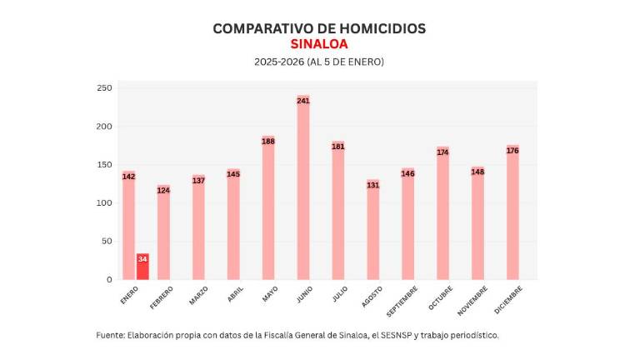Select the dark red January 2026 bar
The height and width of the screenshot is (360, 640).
pos(142,267)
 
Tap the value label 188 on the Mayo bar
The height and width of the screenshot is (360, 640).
pos(268,142)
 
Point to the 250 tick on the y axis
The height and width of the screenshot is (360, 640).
pos(104,88)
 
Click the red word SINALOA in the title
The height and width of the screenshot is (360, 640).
pos(319,44)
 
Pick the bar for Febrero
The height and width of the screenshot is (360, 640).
pos(163,232)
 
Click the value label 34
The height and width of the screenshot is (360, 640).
pos(142,259)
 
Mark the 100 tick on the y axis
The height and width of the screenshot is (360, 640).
pos(104,202)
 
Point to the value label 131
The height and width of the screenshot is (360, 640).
pos(372,185)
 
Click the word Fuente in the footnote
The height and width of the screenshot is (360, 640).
pos(109,335)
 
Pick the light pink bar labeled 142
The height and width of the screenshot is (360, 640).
pos(128,225)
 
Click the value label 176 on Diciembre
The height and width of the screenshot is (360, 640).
pos(512,151)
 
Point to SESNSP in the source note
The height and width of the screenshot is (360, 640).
pos(377,335)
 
